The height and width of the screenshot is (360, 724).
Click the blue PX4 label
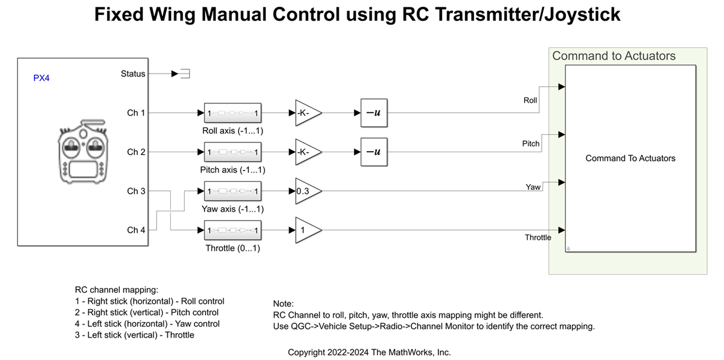pyautogui.click(x=41, y=78)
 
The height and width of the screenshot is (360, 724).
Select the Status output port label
pyautogui.click(x=133, y=74)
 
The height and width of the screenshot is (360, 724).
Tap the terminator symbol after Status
pyautogui.click(x=184, y=74)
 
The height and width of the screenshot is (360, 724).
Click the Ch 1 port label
pyautogui.click(x=136, y=113)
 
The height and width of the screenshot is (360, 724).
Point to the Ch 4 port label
pyautogui.click(x=136, y=230)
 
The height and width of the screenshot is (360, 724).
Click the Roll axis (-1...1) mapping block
pyautogui.click(x=232, y=113)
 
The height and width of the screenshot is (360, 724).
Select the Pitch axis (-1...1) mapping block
pyautogui.click(x=232, y=152)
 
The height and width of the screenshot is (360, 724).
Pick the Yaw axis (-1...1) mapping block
pyautogui.click(x=232, y=191)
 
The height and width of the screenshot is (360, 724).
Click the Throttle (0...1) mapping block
pyautogui.click(x=232, y=230)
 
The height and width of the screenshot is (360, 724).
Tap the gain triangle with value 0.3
pyautogui.click(x=306, y=191)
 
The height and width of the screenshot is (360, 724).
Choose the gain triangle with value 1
pyautogui.click(x=306, y=230)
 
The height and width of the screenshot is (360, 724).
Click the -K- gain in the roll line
pyautogui.click(x=306, y=113)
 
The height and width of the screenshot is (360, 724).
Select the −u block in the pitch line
pyautogui.click(x=373, y=152)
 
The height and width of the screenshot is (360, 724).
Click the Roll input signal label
pyautogui.click(x=530, y=101)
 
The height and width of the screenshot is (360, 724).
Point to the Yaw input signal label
pyautogui.click(x=533, y=187)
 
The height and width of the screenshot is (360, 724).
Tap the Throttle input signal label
pyautogui.click(x=538, y=237)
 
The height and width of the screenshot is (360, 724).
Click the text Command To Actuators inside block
pyautogui.click(x=630, y=158)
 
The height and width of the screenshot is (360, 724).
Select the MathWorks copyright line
pyautogui.click(x=369, y=352)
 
